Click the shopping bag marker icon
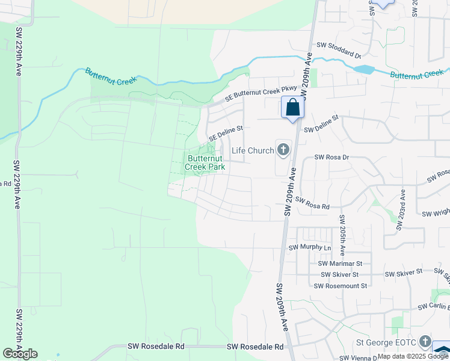(x=292, y=108)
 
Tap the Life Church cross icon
(x=283, y=149)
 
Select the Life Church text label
(x=253, y=150)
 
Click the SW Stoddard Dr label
(x=338, y=49)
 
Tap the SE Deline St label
(x=226, y=133)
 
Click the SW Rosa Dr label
(x=332, y=158)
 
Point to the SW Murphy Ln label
(x=310, y=247)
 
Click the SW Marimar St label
(x=340, y=264)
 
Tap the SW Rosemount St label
(x=341, y=286)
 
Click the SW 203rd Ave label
(x=401, y=209)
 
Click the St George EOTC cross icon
(x=426, y=342)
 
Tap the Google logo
(x=20, y=354)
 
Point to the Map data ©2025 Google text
(x=413, y=356)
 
